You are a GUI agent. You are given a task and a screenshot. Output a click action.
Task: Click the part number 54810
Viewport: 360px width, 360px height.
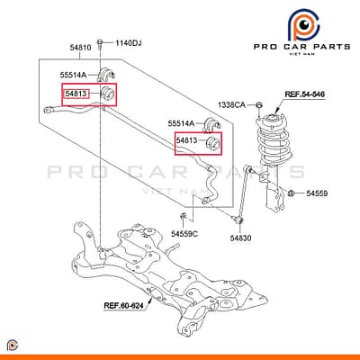pos(80,48)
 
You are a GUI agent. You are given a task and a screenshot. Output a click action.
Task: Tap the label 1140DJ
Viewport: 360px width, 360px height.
pos(129,43)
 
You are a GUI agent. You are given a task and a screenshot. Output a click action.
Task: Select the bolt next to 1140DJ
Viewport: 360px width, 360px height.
pos(100,44)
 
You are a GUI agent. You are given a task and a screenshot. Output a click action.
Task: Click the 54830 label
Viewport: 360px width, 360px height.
pos(240,238)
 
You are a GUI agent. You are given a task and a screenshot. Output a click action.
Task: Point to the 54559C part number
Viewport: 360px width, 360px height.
pos(184,233)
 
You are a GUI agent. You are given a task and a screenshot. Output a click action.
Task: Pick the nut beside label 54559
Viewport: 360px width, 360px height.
pos(291,193)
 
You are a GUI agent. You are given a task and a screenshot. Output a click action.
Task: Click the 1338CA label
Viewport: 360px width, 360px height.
pos(231,104)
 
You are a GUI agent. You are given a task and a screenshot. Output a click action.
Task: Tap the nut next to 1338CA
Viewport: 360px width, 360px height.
pos(258,105)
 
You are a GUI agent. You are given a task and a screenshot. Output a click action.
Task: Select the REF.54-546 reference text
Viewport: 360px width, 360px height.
pos(304,94)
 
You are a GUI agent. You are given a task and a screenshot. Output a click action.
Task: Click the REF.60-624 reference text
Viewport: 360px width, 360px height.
pos(123,305)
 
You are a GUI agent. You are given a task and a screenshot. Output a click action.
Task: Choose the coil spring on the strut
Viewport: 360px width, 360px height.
pos(274,141)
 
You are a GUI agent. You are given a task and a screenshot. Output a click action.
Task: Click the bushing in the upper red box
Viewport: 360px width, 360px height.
pos(107,94)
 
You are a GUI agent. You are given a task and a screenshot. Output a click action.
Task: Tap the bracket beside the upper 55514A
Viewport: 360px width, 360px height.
pos(106,74)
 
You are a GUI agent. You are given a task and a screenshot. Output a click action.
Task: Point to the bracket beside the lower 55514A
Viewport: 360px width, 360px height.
pos(212,125)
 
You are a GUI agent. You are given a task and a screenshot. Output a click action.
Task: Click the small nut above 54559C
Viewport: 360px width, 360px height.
pos(183,216)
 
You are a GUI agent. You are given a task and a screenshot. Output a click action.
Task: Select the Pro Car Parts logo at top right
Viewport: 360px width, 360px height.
pos(301,33)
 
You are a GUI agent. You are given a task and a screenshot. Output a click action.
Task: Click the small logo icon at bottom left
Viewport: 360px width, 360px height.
pos(12,346)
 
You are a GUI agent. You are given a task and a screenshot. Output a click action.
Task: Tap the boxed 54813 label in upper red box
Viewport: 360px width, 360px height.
pos(76,94)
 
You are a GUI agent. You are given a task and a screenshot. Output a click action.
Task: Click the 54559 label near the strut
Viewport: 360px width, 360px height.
pos(317,193)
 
